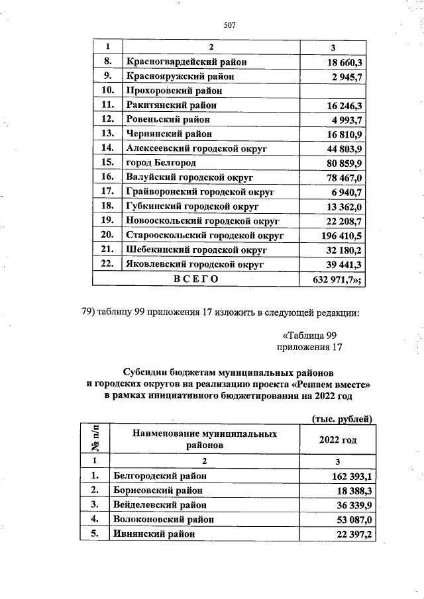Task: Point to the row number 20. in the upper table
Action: point(107,235)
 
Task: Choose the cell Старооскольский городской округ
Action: point(205,235)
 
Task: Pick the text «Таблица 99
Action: point(310,335)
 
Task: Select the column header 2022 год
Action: point(338,439)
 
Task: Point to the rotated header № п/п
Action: point(95,439)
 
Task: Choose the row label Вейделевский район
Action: point(160,505)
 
